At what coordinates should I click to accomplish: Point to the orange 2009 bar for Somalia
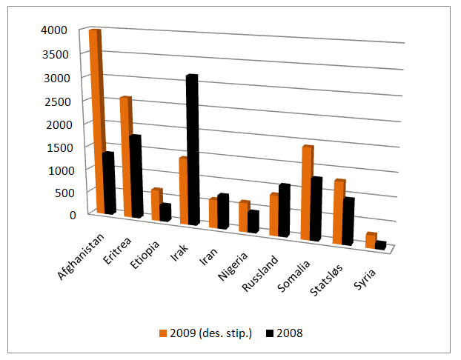(x=306, y=193)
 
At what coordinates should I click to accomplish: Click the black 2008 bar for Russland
(x=282, y=210)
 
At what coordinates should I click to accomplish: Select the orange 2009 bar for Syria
(x=370, y=240)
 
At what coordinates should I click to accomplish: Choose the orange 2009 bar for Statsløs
(x=338, y=212)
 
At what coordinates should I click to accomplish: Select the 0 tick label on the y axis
(x=73, y=215)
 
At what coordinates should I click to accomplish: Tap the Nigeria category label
(x=230, y=267)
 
